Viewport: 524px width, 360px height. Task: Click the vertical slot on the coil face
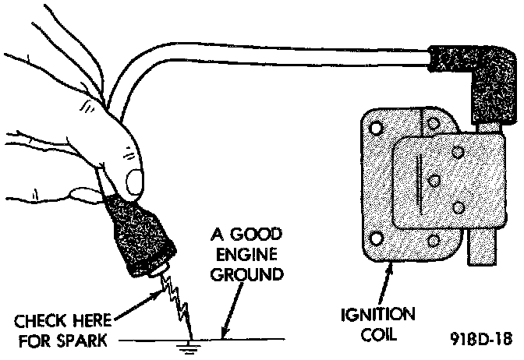pos(419,181)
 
